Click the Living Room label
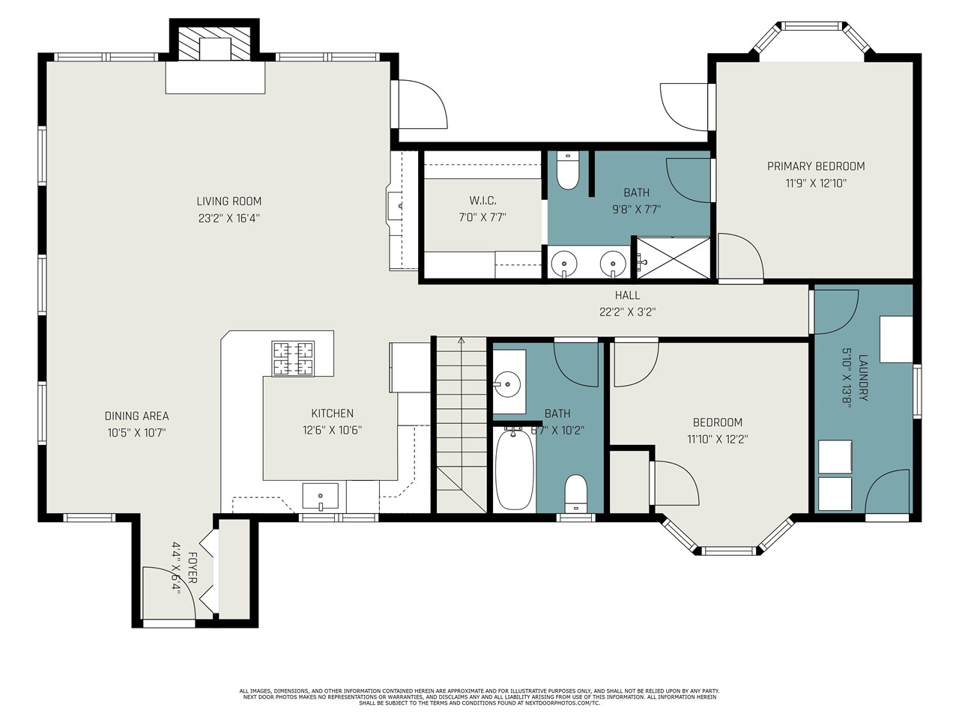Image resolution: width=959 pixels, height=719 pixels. pyautogui.click(x=229, y=201)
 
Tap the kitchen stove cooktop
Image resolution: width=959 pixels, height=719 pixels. pyautogui.click(x=293, y=358)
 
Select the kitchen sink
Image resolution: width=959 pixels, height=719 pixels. pyautogui.click(x=320, y=497)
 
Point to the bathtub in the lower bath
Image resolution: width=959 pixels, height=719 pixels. pyautogui.click(x=514, y=469)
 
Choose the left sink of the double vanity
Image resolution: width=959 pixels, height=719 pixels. pyautogui.click(x=563, y=264)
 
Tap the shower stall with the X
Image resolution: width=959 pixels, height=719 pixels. pyautogui.click(x=673, y=258)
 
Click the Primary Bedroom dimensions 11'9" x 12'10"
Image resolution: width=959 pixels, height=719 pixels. pyautogui.click(x=816, y=183)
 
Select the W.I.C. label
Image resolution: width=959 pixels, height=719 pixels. pyautogui.click(x=482, y=201)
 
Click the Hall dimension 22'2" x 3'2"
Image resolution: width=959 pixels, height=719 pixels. pyautogui.click(x=627, y=312)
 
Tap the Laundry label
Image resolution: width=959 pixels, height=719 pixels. pyautogui.click(x=863, y=377)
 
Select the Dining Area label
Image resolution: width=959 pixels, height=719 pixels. pyautogui.click(x=136, y=416)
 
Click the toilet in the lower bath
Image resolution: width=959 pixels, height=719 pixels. pyautogui.click(x=575, y=491)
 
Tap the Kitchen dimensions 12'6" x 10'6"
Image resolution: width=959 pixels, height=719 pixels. pyautogui.click(x=332, y=431)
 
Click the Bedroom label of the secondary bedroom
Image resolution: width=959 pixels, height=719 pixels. pyautogui.click(x=717, y=422)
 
